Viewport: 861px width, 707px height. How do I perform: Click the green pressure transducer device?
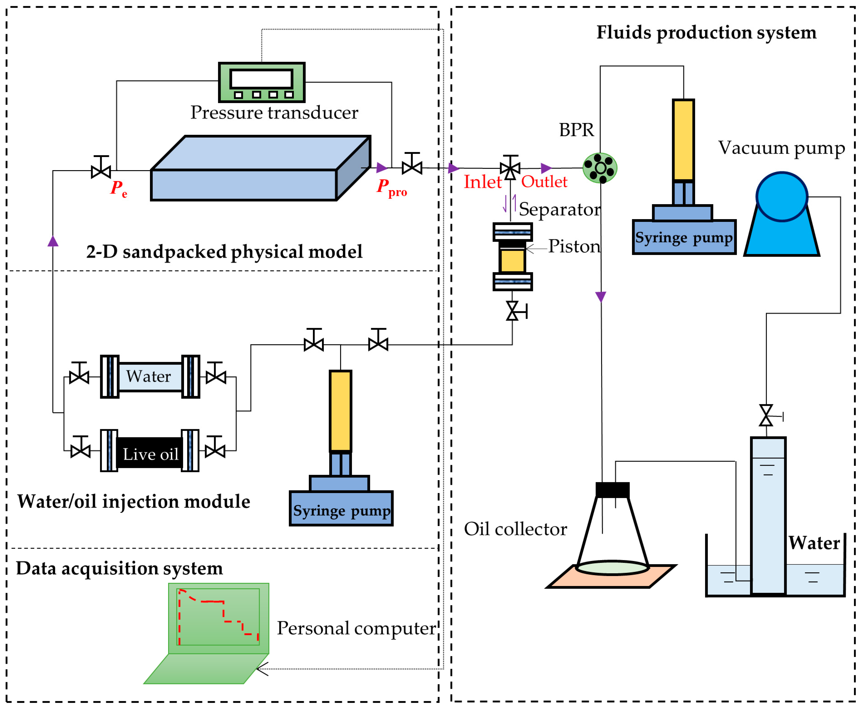pyautogui.click(x=261, y=82)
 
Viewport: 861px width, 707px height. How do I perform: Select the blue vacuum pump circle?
pyautogui.click(x=781, y=197)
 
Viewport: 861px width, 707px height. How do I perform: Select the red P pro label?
pyautogui.click(x=391, y=188)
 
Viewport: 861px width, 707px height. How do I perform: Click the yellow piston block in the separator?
pyautogui.click(x=512, y=261)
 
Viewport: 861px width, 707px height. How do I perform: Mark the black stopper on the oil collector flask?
pyautogui.click(x=612, y=490)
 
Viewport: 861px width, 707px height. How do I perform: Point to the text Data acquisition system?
pyautogui.click(x=119, y=568)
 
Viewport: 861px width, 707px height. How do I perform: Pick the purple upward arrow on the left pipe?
pyautogui.click(x=53, y=242)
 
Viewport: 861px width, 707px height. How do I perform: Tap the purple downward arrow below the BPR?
pyautogui.click(x=601, y=296)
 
